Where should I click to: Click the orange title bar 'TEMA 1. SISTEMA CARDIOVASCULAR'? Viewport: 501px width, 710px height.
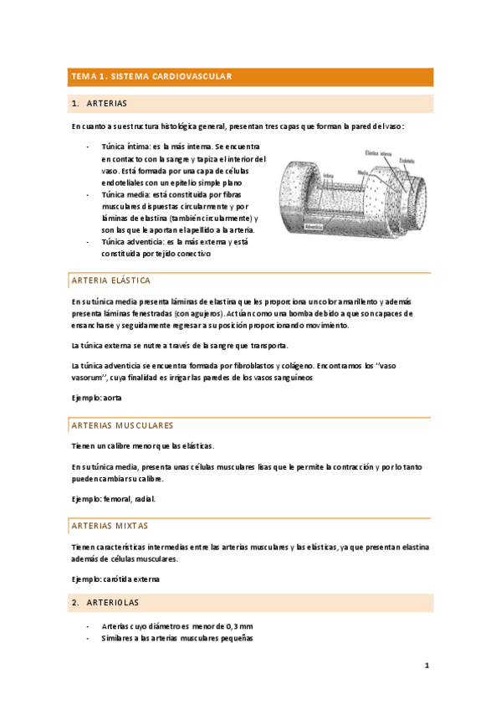tap(151, 77)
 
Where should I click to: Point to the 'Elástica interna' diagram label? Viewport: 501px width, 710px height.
tap(379, 153)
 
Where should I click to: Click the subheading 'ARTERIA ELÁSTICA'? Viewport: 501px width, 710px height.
tap(111, 280)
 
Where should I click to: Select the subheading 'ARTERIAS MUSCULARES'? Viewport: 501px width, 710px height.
tap(123, 425)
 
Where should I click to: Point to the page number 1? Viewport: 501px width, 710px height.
tap(426, 666)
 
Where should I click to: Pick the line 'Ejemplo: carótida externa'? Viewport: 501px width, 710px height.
tap(114, 579)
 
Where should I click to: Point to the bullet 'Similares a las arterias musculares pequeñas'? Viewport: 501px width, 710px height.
tap(176, 638)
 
